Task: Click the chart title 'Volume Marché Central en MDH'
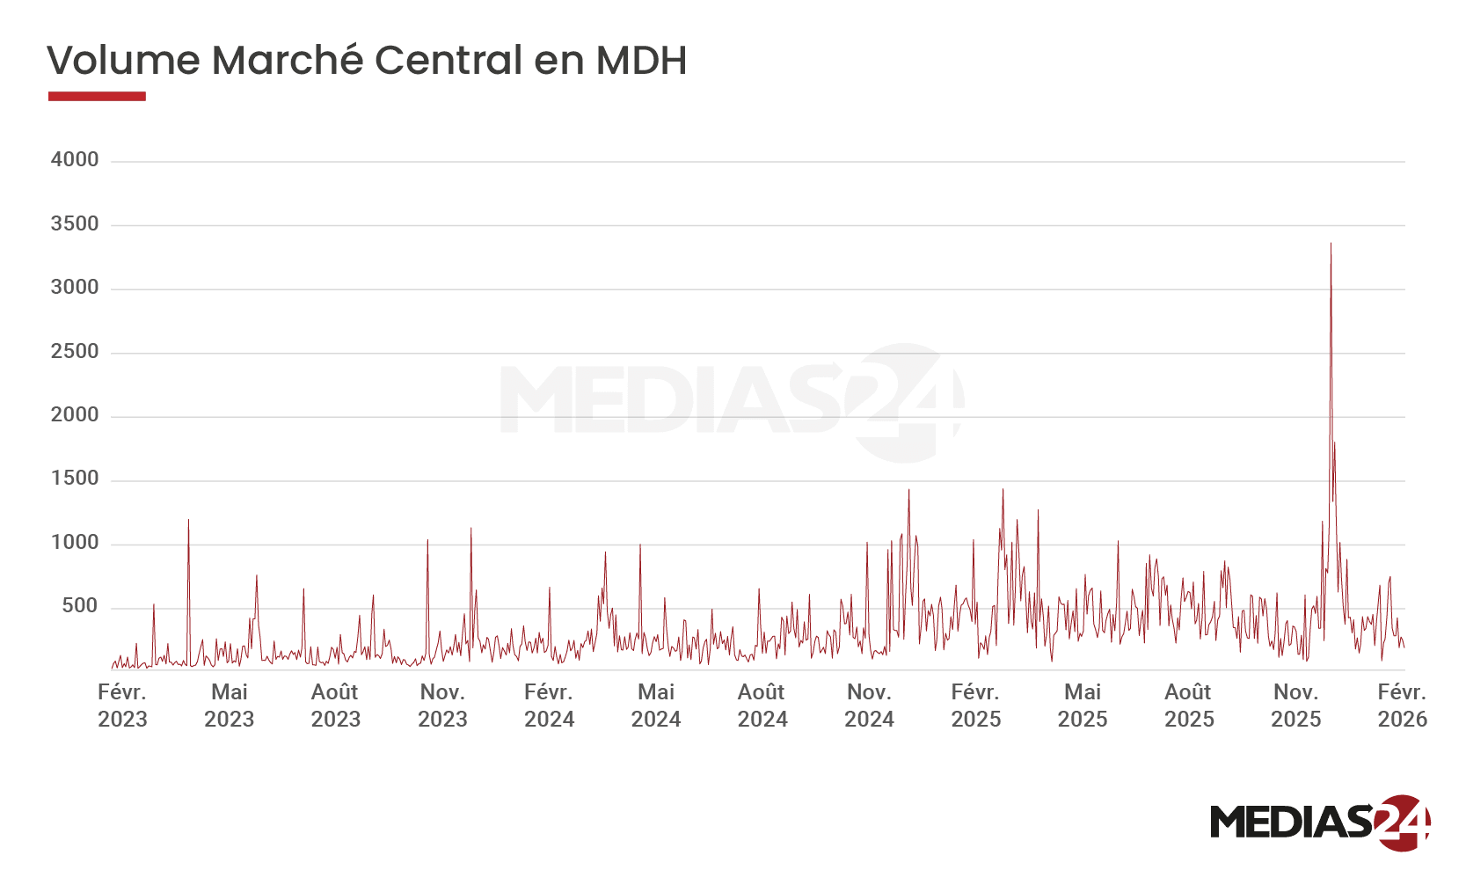click(366, 61)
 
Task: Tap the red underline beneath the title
click(97, 96)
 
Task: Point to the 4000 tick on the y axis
click(75, 160)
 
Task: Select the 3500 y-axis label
click(75, 223)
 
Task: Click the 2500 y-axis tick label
click(75, 351)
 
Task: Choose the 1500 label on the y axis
click(75, 479)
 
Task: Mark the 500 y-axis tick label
click(79, 606)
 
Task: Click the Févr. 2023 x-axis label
click(122, 706)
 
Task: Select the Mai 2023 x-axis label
click(230, 706)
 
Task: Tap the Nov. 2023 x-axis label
click(442, 706)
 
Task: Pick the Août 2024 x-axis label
click(762, 706)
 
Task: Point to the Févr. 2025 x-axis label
click(975, 706)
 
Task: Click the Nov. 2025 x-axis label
click(1295, 706)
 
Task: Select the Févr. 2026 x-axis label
click(1401, 706)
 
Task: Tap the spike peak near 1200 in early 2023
click(188, 520)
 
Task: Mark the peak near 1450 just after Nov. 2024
click(909, 490)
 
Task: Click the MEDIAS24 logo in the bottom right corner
click(1320, 823)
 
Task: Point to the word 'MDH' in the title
click(640, 61)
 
